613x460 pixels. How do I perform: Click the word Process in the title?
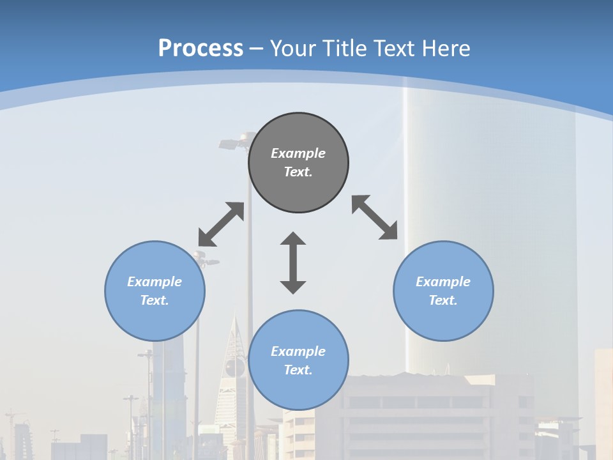coord(201,48)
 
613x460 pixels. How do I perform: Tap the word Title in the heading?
coord(344,48)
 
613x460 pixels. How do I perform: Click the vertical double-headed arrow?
coord(293,263)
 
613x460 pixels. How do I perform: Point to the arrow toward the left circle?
coord(221,224)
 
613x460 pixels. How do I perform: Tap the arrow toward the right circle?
coord(375,217)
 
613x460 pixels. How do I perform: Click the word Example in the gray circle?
coord(298,153)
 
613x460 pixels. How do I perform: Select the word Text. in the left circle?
coord(155,300)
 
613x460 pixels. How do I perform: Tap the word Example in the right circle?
coord(443,282)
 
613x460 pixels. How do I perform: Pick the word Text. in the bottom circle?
coord(298,370)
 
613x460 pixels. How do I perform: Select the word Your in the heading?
coord(293,48)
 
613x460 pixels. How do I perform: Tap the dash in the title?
coord(257,49)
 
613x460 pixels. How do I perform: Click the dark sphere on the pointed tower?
coord(234,366)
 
